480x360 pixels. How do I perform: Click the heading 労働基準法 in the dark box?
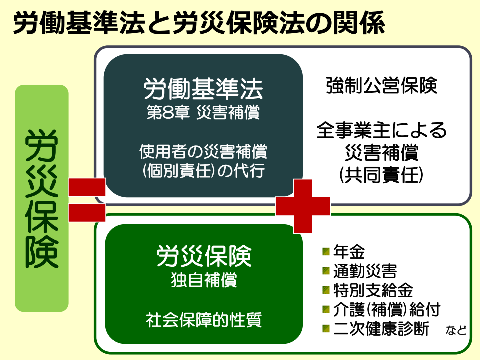tap(201, 90)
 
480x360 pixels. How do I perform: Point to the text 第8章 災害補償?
tap(201, 113)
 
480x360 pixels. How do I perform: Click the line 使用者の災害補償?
tap(201, 150)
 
